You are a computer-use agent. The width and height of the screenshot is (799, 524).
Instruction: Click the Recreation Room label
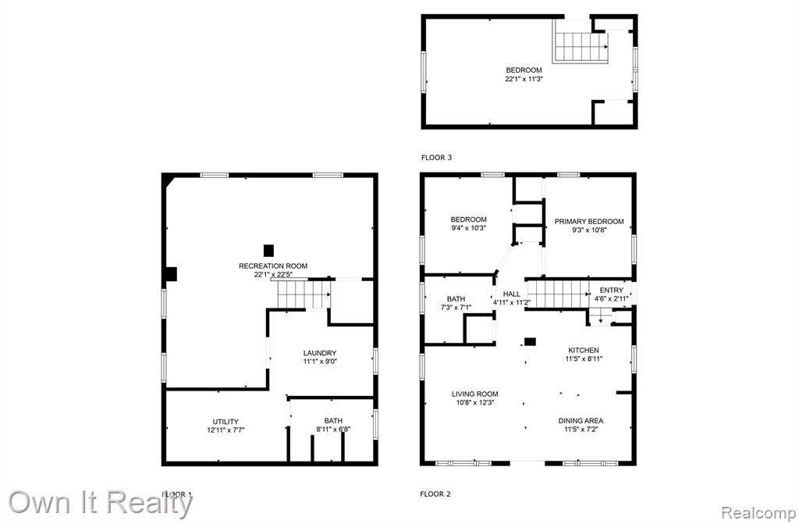pos(273,266)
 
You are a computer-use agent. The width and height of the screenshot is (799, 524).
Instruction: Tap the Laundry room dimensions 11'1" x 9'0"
pos(320,362)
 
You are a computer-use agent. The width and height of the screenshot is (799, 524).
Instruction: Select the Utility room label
pos(225,422)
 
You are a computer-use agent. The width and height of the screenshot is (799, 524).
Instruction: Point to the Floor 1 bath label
pos(333,421)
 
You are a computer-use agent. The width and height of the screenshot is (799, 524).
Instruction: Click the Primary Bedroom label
pos(589,222)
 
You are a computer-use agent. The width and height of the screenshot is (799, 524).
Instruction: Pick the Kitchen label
pos(584,350)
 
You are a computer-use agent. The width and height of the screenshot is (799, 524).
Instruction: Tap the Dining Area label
pos(581,421)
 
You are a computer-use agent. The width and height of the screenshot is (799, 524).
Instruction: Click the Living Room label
pos(475,394)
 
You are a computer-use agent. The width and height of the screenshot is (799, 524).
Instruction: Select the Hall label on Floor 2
pos(512,294)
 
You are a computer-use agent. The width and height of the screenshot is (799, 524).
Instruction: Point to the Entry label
pos(612,291)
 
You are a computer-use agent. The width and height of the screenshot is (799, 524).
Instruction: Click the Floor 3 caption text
pos(437,158)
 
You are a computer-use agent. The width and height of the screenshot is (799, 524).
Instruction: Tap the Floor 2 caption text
pos(435,494)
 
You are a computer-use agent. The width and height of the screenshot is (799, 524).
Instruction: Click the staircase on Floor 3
pos(581,47)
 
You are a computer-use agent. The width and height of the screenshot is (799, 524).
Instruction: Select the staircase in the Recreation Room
pos(304,294)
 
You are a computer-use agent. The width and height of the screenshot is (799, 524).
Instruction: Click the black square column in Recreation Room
pos(268,251)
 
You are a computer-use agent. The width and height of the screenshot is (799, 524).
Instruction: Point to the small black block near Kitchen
pos(531,342)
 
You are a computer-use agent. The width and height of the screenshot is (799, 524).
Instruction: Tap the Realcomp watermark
pos(758,512)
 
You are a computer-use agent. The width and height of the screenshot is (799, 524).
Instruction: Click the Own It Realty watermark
pos(101,502)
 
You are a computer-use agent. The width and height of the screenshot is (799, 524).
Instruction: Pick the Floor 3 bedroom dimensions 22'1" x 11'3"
pos(524,79)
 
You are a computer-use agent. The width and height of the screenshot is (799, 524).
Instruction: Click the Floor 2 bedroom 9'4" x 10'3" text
pos(469,228)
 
